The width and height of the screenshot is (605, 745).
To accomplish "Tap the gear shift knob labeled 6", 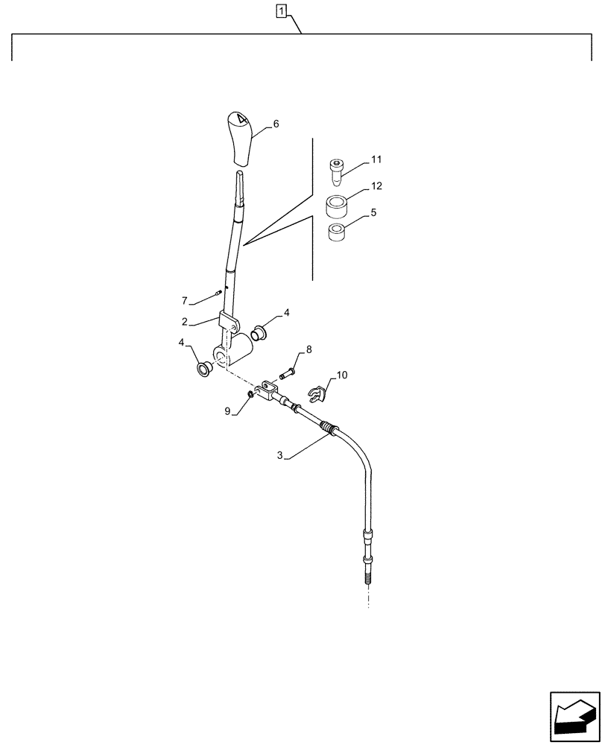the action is click(x=240, y=139).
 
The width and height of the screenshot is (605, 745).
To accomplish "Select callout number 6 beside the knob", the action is click(x=276, y=125).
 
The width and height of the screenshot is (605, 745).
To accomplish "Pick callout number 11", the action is click(x=376, y=159).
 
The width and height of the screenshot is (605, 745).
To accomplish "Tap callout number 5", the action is click(x=373, y=212).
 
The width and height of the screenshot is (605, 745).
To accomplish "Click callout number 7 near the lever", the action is click(x=184, y=301).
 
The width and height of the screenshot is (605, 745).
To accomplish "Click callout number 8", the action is click(x=309, y=349).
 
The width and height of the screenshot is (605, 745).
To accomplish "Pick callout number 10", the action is click(x=342, y=377).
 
